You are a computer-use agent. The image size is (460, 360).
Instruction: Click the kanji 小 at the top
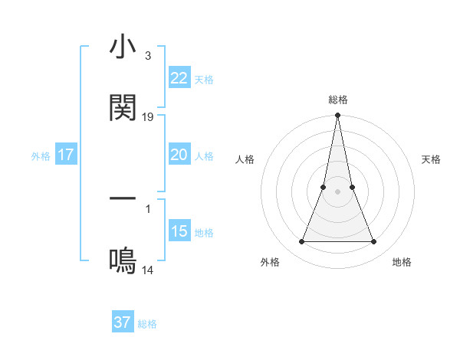(123, 48)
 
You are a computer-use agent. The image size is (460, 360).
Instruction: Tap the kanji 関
(123, 108)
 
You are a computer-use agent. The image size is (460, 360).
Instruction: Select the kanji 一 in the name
(123, 199)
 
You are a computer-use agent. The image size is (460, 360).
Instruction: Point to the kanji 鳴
(123, 261)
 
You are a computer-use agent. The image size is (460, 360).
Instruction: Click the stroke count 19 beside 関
(148, 117)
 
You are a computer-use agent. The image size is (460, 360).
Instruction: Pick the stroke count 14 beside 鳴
(148, 270)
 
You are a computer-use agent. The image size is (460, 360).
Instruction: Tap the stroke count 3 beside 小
(148, 57)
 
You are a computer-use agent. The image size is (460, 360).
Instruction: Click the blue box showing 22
(179, 78)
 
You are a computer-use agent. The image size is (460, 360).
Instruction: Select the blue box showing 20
(179, 155)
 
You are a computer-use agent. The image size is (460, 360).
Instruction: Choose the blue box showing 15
(179, 231)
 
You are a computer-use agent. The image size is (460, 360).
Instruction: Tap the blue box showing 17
(65, 155)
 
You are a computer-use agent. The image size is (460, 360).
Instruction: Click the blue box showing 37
(122, 322)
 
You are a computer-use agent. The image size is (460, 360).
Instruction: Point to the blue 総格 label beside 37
(147, 324)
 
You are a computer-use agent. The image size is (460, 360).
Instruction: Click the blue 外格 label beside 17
(41, 156)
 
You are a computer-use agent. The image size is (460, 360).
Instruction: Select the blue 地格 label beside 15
(204, 233)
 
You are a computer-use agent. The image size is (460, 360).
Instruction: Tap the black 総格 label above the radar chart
(337, 100)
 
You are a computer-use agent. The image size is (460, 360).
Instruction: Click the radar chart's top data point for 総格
(337, 116)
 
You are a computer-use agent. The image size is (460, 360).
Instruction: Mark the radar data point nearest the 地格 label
(374, 242)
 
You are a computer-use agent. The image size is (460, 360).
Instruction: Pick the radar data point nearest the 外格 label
(301, 242)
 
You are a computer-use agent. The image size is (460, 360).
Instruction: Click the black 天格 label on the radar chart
(432, 159)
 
